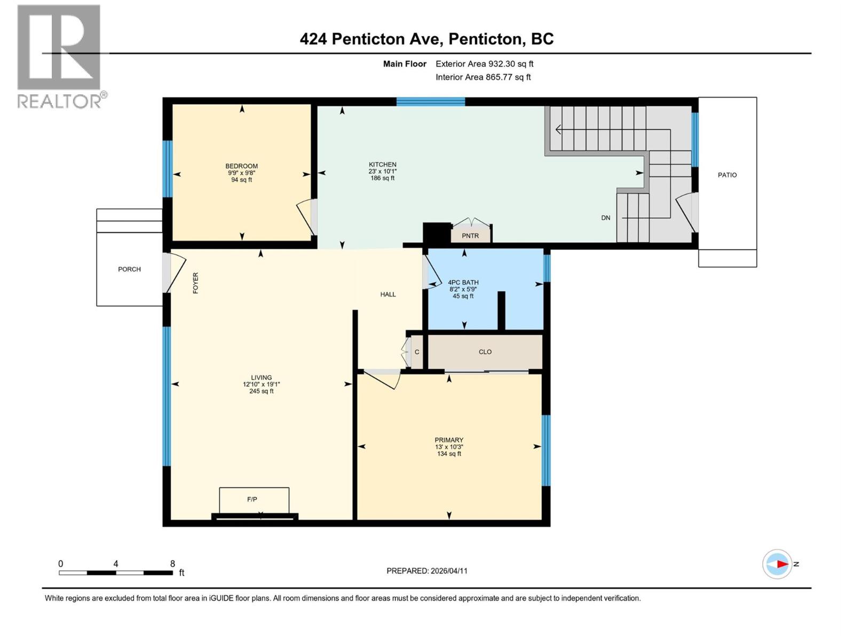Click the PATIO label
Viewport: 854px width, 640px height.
click(x=727, y=175)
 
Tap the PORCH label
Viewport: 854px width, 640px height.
click(x=129, y=269)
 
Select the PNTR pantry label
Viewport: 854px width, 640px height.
click(x=470, y=236)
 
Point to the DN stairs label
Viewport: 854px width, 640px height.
click(x=606, y=218)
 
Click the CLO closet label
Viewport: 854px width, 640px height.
click(x=485, y=352)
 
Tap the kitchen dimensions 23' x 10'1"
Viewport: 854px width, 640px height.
click(x=383, y=171)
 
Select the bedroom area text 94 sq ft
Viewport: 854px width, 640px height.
click(x=241, y=180)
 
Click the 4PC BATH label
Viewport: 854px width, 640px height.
click(x=463, y=283)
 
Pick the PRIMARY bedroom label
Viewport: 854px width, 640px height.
click(x=449, y=440)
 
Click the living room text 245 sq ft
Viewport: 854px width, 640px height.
click(x=261, y=391)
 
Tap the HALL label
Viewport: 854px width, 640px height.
click(x=388, y=294)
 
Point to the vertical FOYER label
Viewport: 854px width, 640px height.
click(x=195, y=283)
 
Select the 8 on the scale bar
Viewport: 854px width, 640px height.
click(x=172, y=564)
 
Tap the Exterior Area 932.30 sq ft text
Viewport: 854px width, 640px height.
click(x=484, y=64)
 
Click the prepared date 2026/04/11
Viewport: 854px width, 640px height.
click(x=448, y=571)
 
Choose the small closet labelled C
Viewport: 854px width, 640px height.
click(x=417, y=352)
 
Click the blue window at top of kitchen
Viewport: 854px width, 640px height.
click(x=430, y=102)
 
